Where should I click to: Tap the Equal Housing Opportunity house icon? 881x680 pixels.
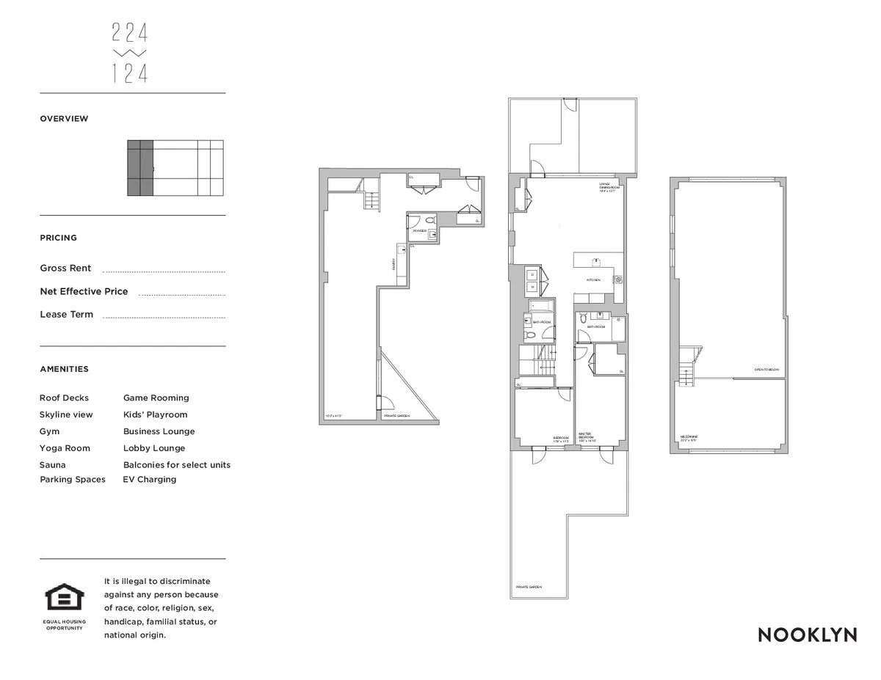[65, 597]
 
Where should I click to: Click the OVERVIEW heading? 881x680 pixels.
[64, 119]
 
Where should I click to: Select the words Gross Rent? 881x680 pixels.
[65, 268]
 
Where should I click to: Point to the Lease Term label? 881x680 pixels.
[66, 315]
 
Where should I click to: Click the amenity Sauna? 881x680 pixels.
[52, 465]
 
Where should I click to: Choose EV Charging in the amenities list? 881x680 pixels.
[150, 480]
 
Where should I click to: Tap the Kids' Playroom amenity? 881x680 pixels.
[155, 415]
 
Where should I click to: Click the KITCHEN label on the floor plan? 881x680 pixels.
[593, 280]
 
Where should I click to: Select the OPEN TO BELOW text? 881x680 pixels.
[766, 370]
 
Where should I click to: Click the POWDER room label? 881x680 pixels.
[419, 230]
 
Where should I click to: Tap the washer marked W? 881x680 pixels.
[532, 287]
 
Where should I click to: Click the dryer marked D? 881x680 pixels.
[532, 275]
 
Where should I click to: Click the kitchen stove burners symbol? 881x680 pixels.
[618, 279]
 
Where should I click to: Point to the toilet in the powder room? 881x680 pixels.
[430, 220]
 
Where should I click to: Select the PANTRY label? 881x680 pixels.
[394, 264]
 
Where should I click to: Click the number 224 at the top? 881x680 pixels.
[130, 33]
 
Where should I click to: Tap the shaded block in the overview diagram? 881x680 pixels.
[140, 168]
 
